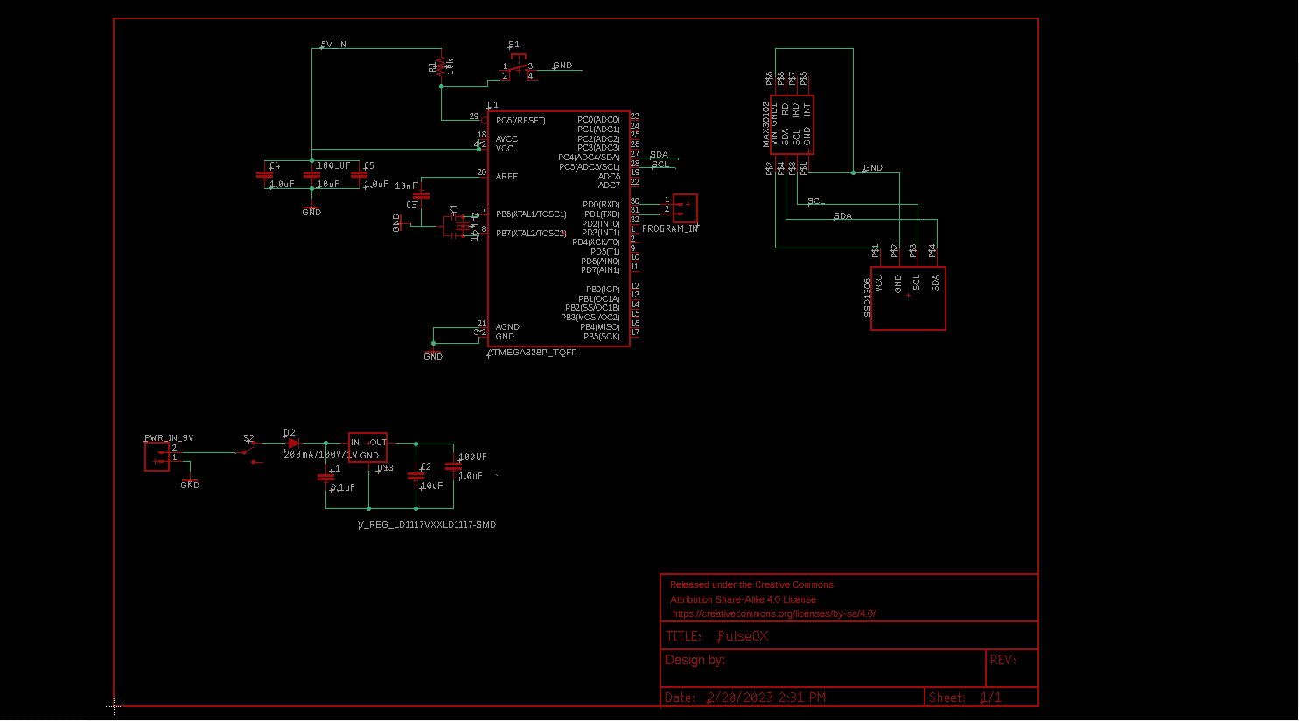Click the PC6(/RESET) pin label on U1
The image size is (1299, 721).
coord(520,121)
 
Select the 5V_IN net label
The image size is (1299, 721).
coord(333,44)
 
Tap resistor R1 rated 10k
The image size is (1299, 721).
coord(441,66)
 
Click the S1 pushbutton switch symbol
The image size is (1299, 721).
coord(517,66)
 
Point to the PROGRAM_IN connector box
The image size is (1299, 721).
coord(685,207)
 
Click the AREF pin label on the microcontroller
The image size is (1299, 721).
coord(506,177)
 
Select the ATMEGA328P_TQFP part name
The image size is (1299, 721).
coord(532,353)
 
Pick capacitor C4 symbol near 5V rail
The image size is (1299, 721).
coord(264,175)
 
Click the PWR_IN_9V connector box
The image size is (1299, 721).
coord(157,457)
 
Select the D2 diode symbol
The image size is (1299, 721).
coord(292,444)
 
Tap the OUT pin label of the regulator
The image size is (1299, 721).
coord(378,443)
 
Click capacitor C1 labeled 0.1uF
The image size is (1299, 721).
coord(326,478)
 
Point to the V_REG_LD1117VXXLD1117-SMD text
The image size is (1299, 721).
coord(426,525)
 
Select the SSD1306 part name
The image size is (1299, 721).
coord(868,297)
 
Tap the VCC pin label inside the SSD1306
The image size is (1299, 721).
coord(879,283)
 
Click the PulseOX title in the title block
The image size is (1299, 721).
coord(743,636)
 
